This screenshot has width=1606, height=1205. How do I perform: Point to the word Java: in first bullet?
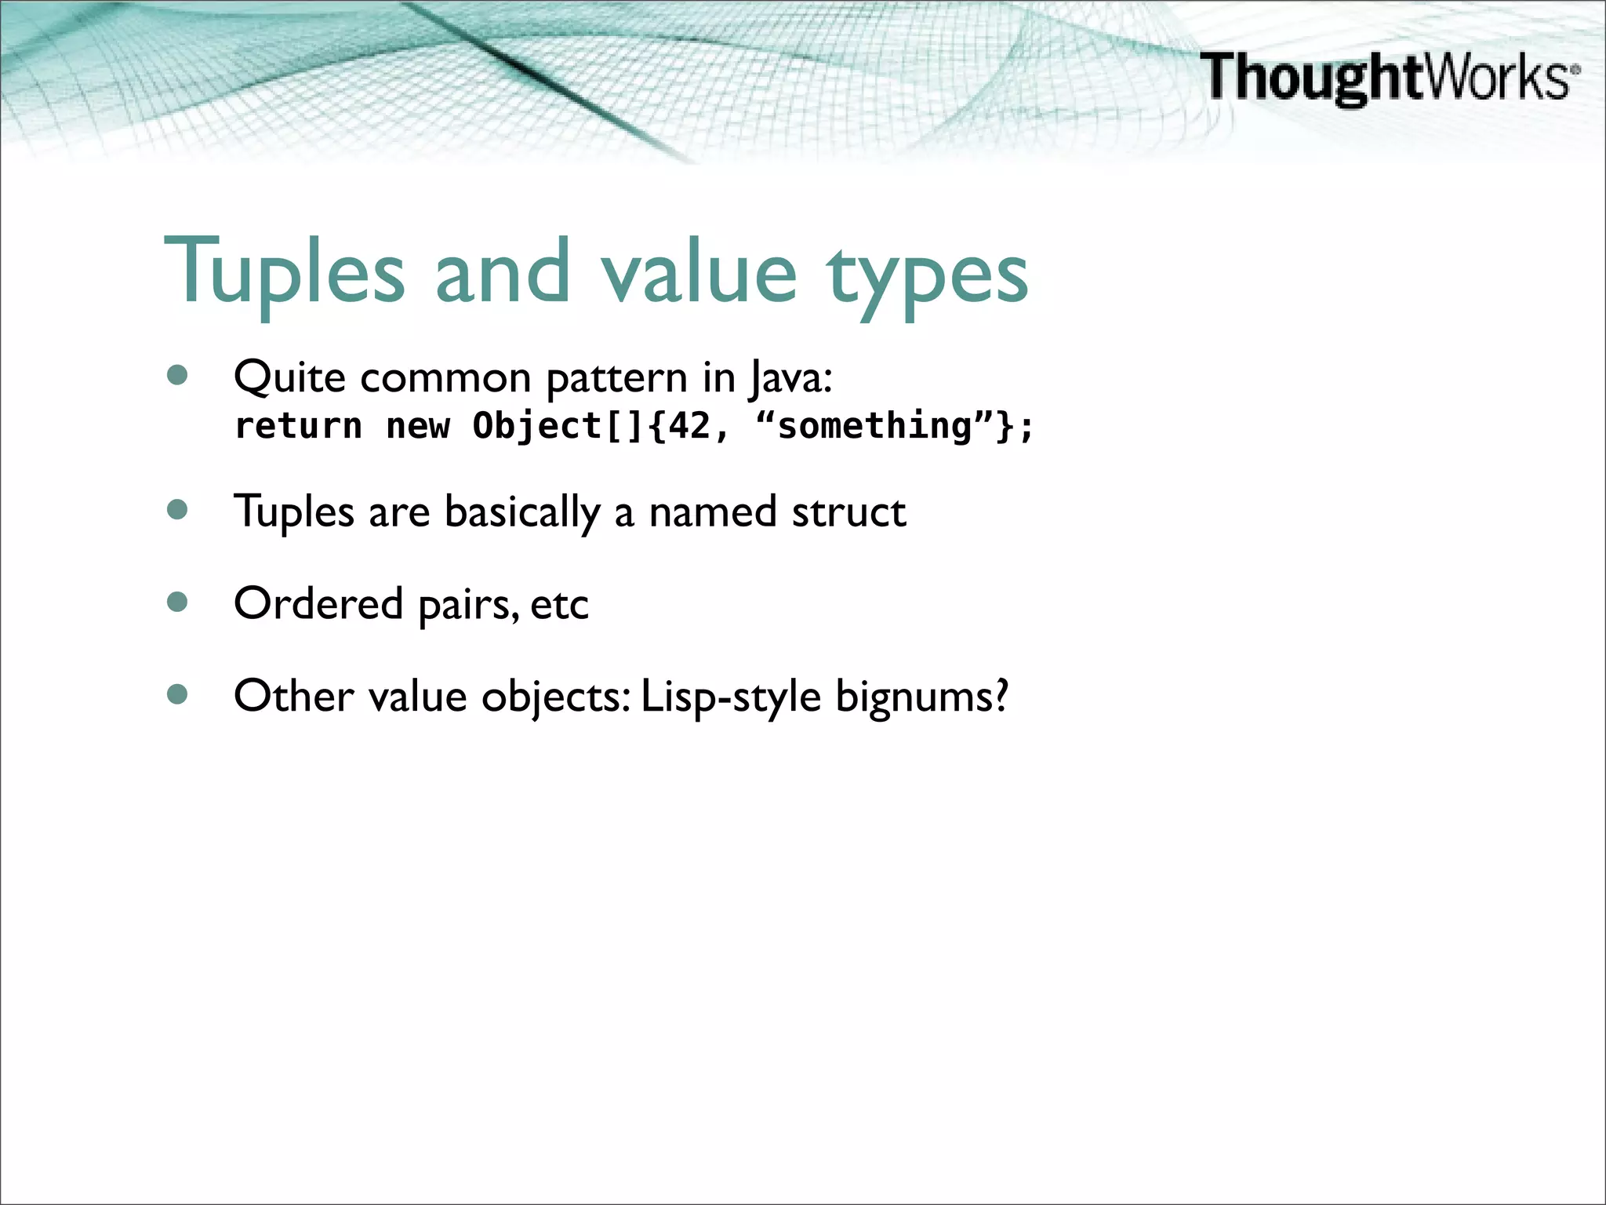pos(790,378)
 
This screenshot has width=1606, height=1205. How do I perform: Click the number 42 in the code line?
pos(689,426)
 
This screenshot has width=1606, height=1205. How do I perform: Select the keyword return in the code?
pos(299,426)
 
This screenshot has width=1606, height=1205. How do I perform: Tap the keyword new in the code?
pos(418,426)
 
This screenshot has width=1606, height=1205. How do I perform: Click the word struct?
pos(848,512)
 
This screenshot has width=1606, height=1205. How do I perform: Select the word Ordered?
pos(318,604)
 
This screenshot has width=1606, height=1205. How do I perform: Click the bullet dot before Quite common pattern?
pos(178,376)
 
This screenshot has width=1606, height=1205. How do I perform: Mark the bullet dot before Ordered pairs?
pos(178,602)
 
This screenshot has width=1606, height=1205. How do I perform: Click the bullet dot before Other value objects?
pos(178,694)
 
